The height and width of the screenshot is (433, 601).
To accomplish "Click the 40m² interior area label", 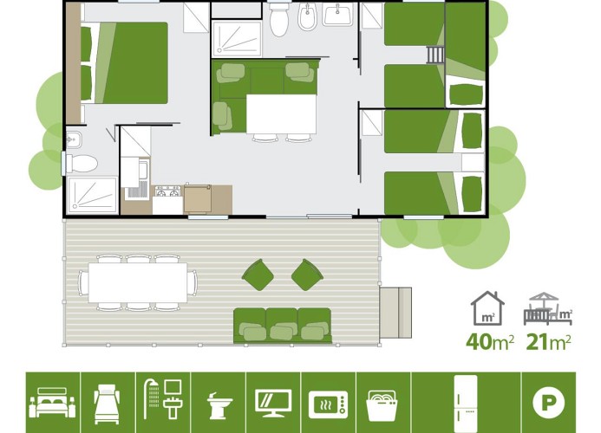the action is click(x=489, y=341).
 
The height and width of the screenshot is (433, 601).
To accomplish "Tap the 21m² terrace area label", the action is click(x=548, y=341).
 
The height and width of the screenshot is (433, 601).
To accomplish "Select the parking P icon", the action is click(x=548, y=403).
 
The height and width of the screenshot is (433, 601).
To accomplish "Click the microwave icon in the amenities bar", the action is click(x=329, y=404).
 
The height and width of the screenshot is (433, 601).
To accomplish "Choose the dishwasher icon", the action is click(x=382, y=405).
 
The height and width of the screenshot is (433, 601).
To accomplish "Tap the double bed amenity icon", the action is click(x=52, y=403).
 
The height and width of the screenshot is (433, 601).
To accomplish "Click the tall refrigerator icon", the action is click(x=466, y=404).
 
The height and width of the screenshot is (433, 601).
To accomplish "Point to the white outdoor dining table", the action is click(x=138, y=282).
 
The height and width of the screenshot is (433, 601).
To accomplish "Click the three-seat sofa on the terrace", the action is click(x=283, y=326).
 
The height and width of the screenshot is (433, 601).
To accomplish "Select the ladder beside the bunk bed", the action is click(x=435, y=55).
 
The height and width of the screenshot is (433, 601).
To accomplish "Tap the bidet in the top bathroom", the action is click(x=307, y=17).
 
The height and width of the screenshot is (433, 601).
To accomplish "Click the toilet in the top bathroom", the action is click(x=278, y=19).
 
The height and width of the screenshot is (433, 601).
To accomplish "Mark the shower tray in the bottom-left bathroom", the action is click(x=92, y=195).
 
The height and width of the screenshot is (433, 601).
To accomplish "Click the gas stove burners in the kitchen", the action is click(x=168, y=191).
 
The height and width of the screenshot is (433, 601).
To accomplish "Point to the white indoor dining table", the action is click(x=281, y=113).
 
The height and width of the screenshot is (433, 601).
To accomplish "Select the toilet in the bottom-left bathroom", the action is click(x=82, y=164).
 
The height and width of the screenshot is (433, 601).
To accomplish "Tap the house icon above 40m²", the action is click(x=487, y=308).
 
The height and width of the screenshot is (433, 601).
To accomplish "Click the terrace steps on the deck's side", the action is click(x=395, y=313).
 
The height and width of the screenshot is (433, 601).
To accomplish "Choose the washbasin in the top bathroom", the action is click(x=337, y=15).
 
